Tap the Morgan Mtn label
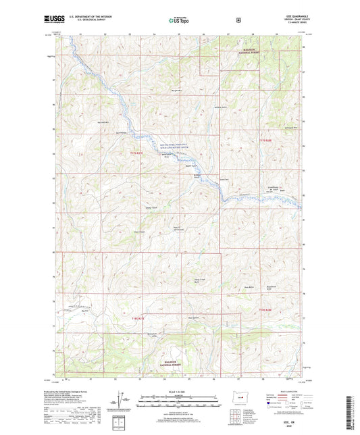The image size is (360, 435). [x=177, y=90]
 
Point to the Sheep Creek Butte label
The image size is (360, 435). [x=201, y=281]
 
